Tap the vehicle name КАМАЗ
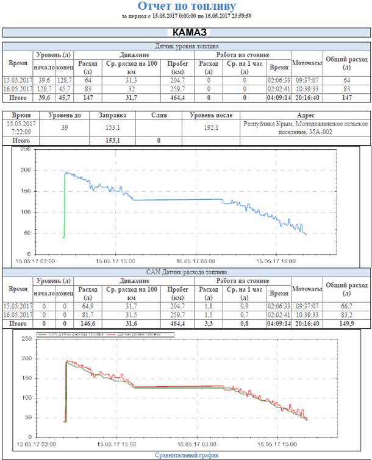point(186,32)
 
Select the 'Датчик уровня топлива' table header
point(187,46)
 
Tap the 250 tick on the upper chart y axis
point(24,149)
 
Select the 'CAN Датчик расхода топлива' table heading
point(187,271)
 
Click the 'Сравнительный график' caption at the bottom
point(186,455)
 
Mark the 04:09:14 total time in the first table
point(279,97)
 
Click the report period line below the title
point(186,16)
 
